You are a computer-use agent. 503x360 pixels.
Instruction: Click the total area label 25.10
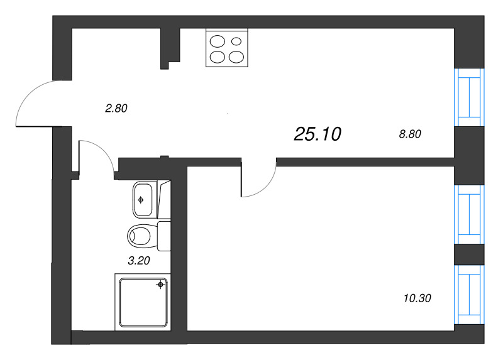click(317, 133)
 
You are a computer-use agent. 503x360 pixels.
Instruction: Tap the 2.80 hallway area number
click(116, 108)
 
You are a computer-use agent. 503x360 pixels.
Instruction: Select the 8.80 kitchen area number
click(409, 133)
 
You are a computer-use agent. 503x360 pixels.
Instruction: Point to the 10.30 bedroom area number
click(419, 298)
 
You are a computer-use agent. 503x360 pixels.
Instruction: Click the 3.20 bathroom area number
click(140, 261)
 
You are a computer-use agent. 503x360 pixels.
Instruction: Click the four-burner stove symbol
click(227, 48)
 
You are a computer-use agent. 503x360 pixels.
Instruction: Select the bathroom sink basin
click(144, 200)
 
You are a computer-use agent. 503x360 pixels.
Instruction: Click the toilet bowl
click(140, 236)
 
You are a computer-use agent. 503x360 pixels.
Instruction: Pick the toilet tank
click(163, 236)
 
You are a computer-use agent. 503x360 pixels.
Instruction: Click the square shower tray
click(143, 301)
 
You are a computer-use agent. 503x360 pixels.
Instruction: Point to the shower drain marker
click(161, 285)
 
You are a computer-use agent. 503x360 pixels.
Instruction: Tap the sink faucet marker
click(140, 200)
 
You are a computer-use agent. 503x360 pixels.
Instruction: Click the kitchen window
click(470, 97)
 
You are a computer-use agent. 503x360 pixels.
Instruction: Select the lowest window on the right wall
click(470, 293)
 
